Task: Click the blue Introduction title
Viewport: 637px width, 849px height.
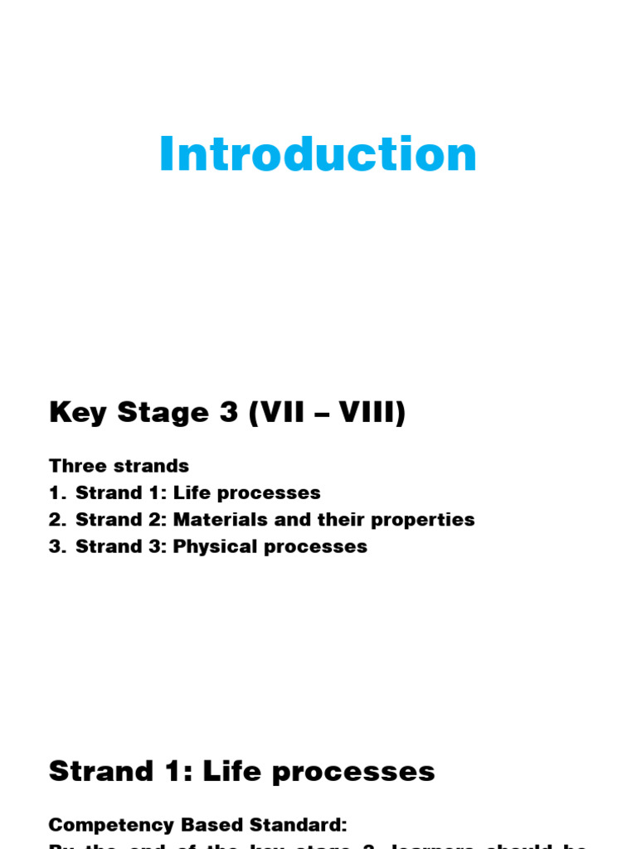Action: point(318,155)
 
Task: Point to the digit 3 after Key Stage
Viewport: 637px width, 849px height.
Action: point(229,413)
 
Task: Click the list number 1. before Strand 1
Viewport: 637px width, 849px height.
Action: point(56,493)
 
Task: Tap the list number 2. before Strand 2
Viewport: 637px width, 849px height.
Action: point(56,520)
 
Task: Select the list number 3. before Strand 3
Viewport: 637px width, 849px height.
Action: point(56,547)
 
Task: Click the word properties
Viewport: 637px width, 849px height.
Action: point(423,521)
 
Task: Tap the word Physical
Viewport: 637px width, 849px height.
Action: point(211,547)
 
